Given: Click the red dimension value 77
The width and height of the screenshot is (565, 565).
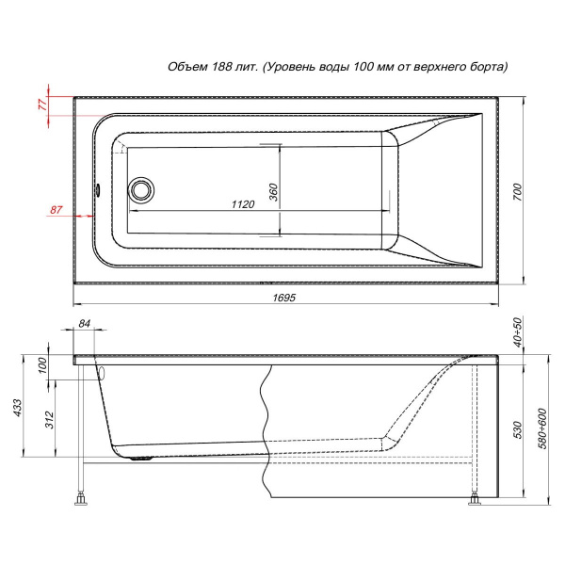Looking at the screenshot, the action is point(42,105).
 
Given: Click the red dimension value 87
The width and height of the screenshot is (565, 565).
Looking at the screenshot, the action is point(56,210).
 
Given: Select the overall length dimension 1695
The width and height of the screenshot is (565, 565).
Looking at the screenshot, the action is point(284,298).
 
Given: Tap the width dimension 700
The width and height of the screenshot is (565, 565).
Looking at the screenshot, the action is point(517,192).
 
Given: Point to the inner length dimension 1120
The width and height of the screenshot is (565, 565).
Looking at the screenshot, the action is point(243,204).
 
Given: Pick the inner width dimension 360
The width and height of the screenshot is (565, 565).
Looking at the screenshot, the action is point(273,192).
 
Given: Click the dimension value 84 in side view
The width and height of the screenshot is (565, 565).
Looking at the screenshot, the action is point(84,324).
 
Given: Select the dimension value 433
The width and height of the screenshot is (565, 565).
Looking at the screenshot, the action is point(17,408).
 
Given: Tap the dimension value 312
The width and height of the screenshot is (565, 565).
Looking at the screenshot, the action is point(49,420).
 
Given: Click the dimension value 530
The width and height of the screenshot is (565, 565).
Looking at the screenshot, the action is point(517,429).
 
